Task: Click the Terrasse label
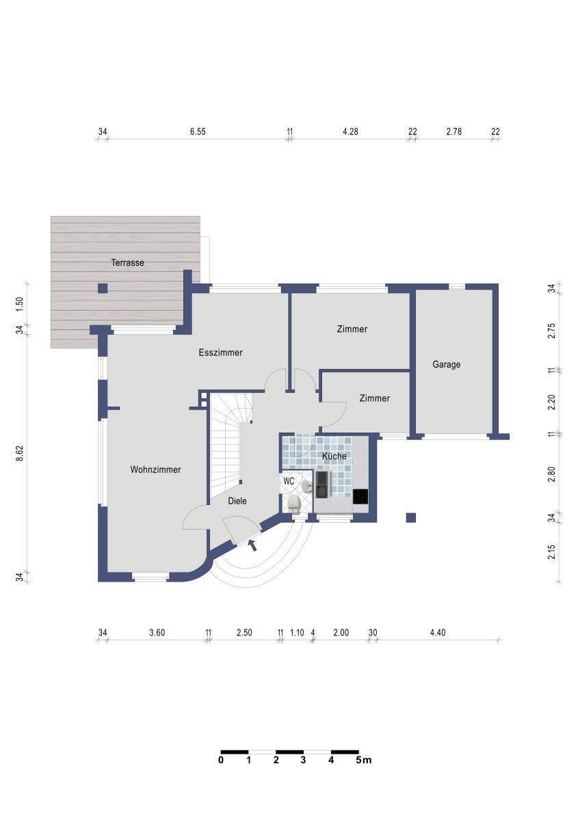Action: (x=127, y=262)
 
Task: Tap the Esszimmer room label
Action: (x=220, y=353)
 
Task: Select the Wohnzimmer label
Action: (x=155, y=469)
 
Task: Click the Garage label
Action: (x=446, y=365)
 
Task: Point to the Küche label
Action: (x=334, y=456)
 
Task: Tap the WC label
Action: (x=289, y=481)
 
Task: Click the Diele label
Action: (x=237, y=501)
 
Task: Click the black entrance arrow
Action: (x=252, y=545)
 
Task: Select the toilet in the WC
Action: (x=293, y=504)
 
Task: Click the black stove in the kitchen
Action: (x=360, y=497)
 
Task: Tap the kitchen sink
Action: (x=323, y=484)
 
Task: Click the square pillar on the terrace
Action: (x=103, y=288)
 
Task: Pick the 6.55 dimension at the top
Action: (x=198, y=131)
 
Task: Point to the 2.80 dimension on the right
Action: (x=552, y=474)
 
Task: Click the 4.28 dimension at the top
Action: (x=350, y=131)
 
